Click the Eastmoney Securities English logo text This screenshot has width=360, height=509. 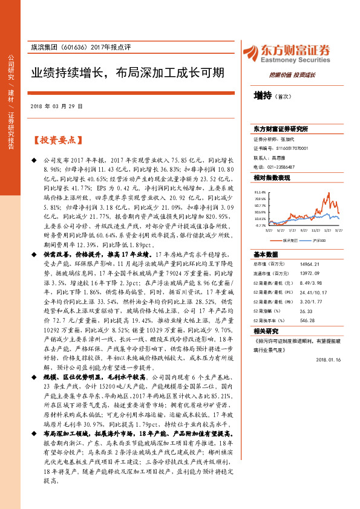tap(296, 60)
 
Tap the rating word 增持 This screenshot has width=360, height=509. tap(263, 95)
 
